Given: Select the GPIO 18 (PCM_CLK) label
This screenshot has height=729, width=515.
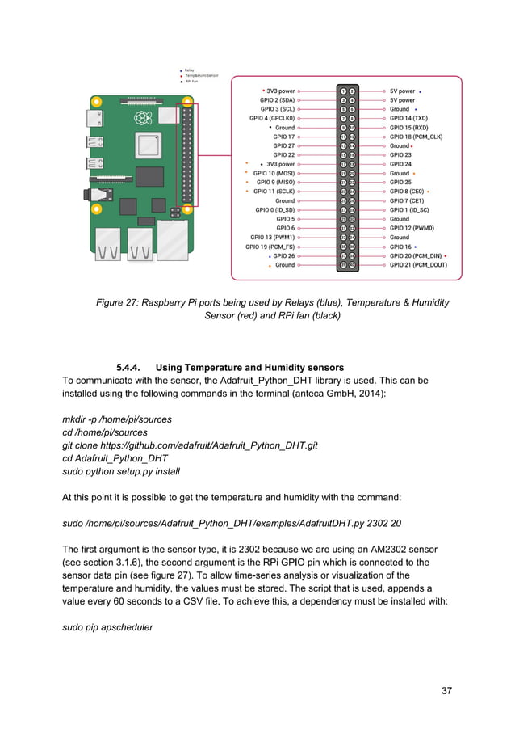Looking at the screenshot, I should click(415, 137).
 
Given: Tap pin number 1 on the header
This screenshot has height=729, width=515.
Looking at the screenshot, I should click(343, 91).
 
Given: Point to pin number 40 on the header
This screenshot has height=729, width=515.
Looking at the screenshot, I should click(352, 264).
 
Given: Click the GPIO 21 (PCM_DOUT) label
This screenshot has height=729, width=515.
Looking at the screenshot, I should click(417, 264).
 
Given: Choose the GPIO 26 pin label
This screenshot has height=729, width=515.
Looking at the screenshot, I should click(283, 255).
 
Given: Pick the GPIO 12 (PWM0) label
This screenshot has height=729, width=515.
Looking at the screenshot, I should click(412, 228).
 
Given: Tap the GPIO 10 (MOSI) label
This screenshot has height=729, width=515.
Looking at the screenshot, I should click(274, 173).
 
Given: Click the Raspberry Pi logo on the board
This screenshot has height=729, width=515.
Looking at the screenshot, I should click(143, 120).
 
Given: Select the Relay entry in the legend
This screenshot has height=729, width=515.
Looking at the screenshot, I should click(189, 70).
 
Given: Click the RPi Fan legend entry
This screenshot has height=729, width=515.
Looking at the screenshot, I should click(191, 82).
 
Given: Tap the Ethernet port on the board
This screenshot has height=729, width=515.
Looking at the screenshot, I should click(173, 239).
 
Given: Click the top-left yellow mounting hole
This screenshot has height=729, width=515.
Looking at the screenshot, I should click(96, 103).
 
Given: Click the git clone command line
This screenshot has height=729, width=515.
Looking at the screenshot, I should click(190, 445).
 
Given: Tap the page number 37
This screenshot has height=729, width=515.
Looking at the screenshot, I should click(447, 690).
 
